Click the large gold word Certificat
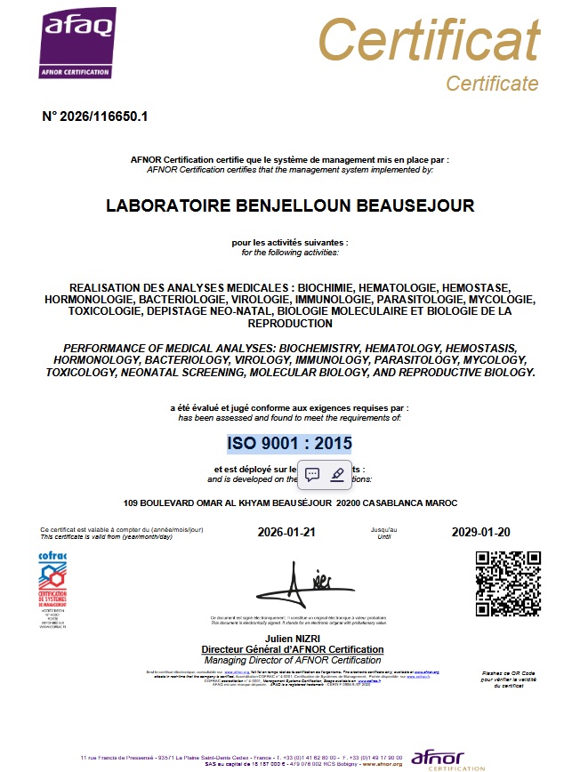(429, 41)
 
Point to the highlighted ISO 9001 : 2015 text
(289, 443)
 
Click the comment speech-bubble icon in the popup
(312, 474)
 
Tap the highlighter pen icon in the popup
(337, 474)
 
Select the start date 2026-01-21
(286, 533)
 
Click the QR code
(508, 583)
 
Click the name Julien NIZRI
(293, 639)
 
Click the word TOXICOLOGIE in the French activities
(86, 311)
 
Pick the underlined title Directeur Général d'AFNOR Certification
(293, 649)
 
